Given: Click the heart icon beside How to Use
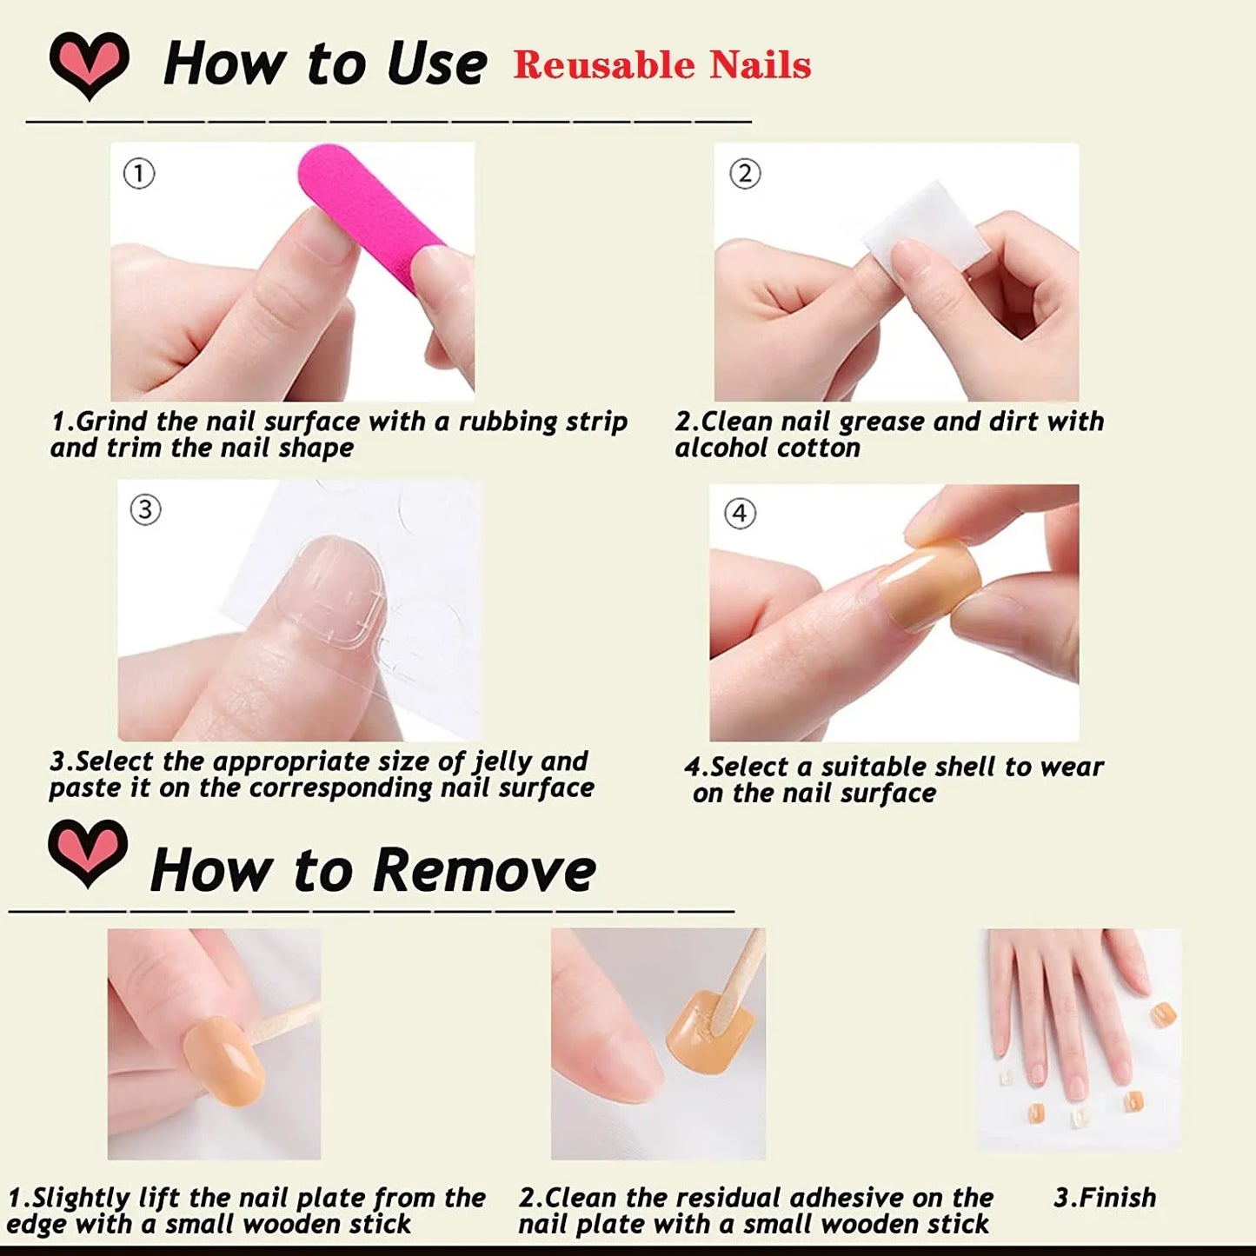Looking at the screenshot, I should point(89,63).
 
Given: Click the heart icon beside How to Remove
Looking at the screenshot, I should point(88,852).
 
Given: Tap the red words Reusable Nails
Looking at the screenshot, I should point(661,65).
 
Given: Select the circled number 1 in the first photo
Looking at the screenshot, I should point(139,174).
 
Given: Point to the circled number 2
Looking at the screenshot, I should point(745,174).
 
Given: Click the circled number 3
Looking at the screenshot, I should point(145,509).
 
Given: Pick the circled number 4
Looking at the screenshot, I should point(740,514).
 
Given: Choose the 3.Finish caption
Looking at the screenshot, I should point(1105,1198).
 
